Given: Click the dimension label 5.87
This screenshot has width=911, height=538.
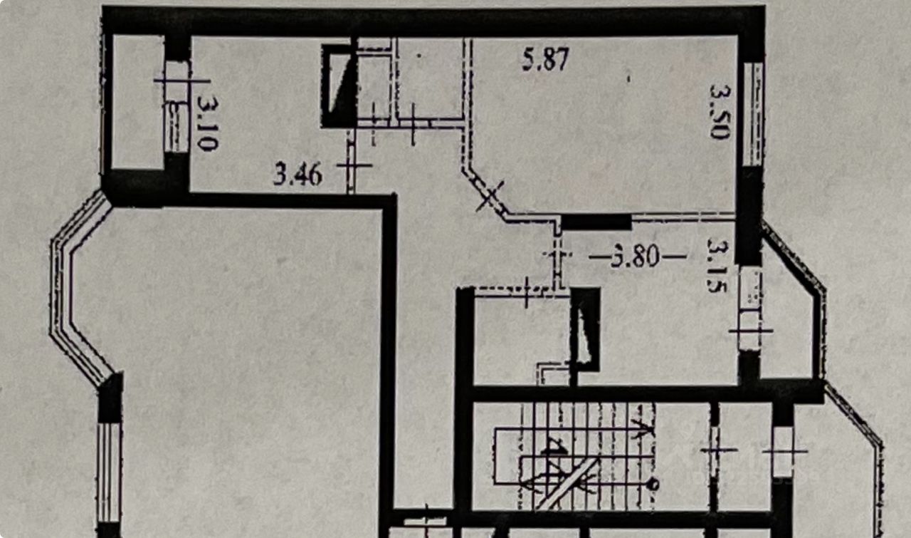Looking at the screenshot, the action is pyautogui.click(x=546, y=59).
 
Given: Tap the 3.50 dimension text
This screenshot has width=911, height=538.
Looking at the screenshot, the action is pyautogui.click(x=720, y=111).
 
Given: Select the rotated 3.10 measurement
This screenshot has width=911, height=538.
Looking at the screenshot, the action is pyautogui.click(x=207, y=123).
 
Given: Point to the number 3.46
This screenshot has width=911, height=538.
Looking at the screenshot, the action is pyautogui.click(x=297, y=173).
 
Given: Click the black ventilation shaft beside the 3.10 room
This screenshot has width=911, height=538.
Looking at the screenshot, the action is pyautogui.click(x=338, y=86).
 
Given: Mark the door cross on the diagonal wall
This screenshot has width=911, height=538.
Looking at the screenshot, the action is pyautogui.click(x=490, y=195).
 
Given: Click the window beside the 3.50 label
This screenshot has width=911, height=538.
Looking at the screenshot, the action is pyautogui.click(x=753, y=114).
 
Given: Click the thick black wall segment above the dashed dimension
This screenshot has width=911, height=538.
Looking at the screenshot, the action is pyautogui.click(x=596, y=222).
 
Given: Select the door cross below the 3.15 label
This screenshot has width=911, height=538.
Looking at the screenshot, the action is pyautogui.click(x=750, y=330).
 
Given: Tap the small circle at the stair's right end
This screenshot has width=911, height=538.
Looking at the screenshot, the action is pyautogui.click(x=653, y=485).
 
